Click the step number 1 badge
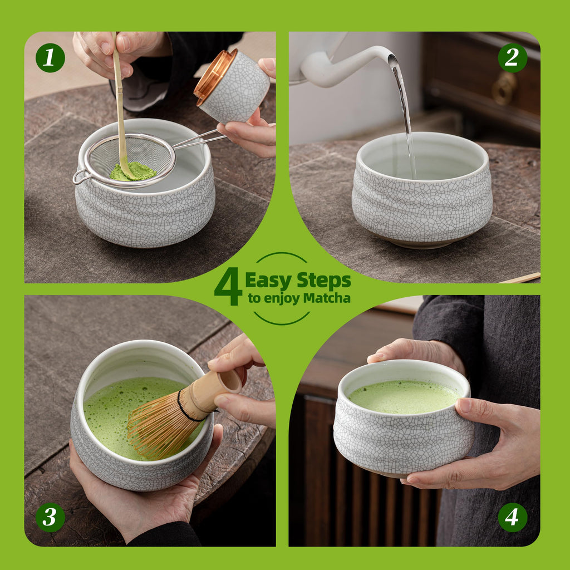pyautogui.click(x=50, y=58)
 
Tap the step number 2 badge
pyautogui.click(x=512, y=58)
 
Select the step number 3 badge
pyautogui.click(x=50, y=517)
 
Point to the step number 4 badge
pyautogui.click(x=512, y=517)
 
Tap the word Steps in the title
pyautogui.click(x=323, y=280)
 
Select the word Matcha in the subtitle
pyautogui.click(x=327, y=298)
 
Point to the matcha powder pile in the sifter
pyautogui.click(x=132, y=171)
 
